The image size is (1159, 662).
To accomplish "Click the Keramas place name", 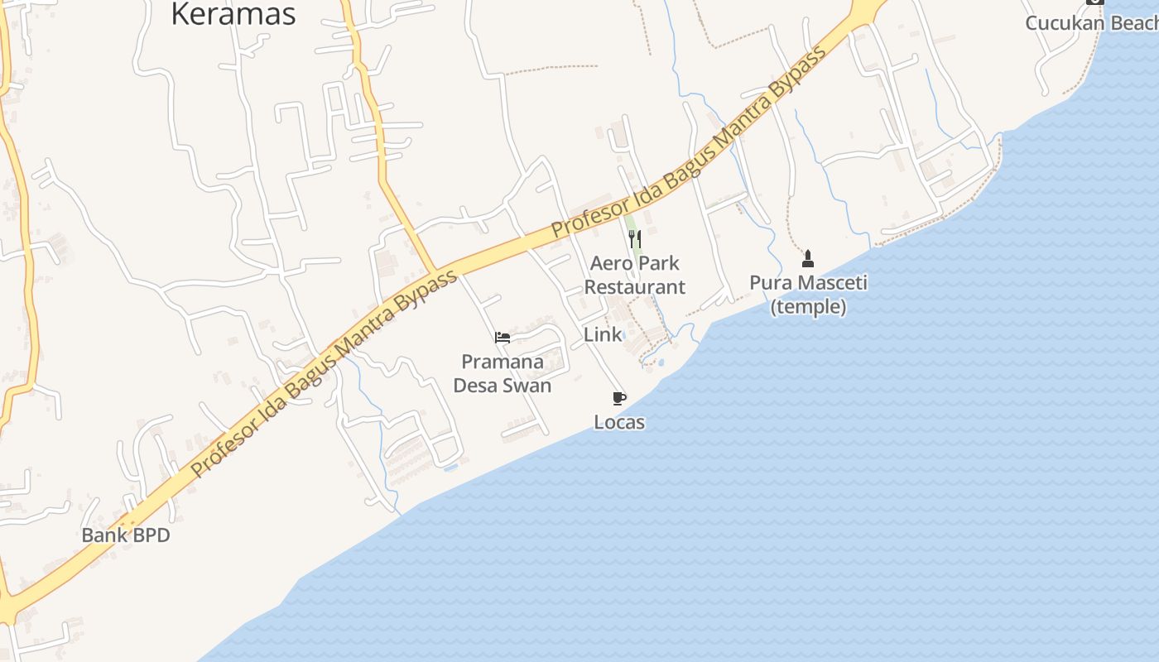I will tap(233, 14).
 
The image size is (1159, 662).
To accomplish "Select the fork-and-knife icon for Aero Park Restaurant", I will tap(635, 240).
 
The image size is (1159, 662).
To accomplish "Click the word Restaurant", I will tap(635, 287).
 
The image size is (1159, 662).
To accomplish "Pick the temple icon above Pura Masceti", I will tap(808, 259).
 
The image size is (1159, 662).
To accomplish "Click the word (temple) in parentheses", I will tap(808, 307).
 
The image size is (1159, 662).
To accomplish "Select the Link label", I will tap(603, 335).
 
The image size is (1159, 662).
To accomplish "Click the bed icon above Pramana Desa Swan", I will tap(503, 338).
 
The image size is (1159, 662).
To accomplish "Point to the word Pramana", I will tap(503, 362).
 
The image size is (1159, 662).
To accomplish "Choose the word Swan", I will tap(530, 386).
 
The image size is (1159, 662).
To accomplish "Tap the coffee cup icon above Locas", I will tap(618, 399).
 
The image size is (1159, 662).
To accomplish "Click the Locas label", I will tap(619, 423).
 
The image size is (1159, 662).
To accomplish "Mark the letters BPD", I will tap(149, 535).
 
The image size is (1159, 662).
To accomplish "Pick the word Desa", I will tap(478, 386).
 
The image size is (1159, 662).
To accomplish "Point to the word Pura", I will tap(769, 283).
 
